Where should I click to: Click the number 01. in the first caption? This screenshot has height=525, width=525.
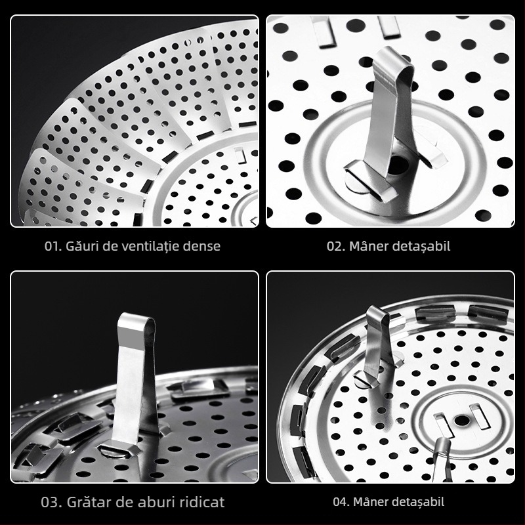pyautogui.click(x=53, y=247)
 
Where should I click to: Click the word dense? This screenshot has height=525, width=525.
pyautogui.click(x=202, y=246)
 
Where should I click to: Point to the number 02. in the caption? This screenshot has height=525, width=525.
pyautogui.click(x=336, y=247)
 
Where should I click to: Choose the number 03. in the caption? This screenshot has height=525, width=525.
pyautogui.click(x=52, y=502)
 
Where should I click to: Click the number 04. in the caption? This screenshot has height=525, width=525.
pyautogui.click(x=341, y=502)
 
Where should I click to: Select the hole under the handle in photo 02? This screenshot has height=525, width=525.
pyautogui.click(x=398, y=165)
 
